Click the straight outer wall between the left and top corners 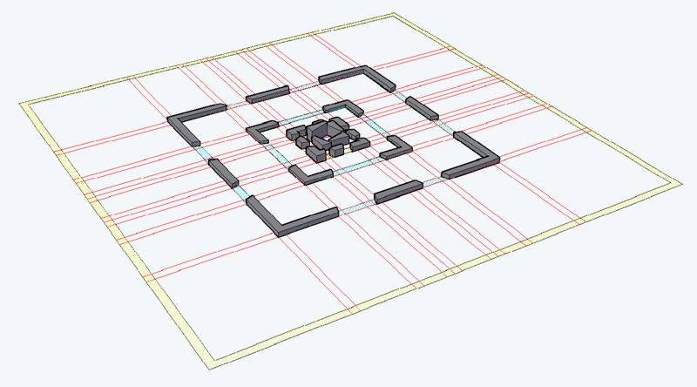[267, 93]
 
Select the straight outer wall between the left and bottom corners [224, 171]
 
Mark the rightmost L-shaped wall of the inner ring [396, 146]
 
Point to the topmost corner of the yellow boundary [394, 16]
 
